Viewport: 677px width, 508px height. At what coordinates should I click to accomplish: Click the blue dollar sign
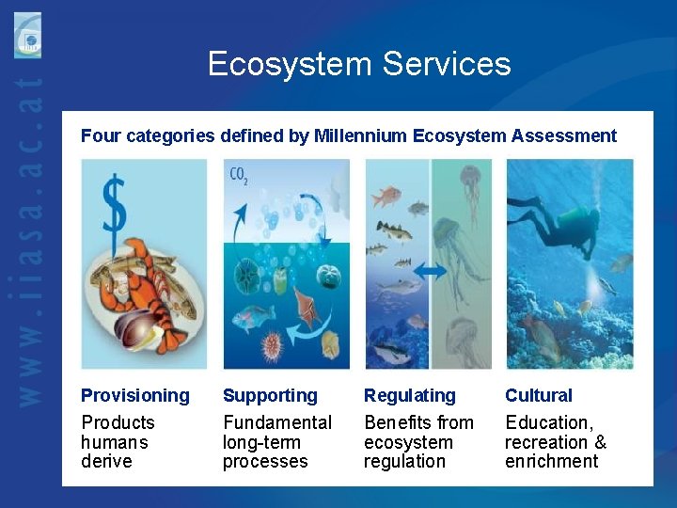point(113,204)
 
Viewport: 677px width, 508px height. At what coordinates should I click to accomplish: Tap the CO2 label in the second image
point(239,175)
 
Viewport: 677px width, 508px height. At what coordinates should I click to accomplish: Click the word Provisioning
point(134,395)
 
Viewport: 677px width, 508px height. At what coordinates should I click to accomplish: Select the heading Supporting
point(270,395)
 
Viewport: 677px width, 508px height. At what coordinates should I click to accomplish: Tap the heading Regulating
point(409,395)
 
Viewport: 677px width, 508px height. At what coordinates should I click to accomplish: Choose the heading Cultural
point(538,395)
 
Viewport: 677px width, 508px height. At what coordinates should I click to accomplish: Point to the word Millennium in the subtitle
point(360,135)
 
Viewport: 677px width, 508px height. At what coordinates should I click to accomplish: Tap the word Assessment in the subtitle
point(564,135)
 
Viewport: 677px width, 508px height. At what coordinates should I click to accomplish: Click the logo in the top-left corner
point(28,35)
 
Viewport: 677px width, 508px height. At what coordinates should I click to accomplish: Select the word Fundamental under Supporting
point(277,422)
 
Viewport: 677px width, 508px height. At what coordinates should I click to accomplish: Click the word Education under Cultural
point(548,422)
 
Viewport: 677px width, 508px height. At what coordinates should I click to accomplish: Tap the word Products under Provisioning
point(118,422)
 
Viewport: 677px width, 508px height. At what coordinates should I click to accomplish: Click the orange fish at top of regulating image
point(386,198)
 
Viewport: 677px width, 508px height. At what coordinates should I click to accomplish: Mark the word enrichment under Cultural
point(551,461)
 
